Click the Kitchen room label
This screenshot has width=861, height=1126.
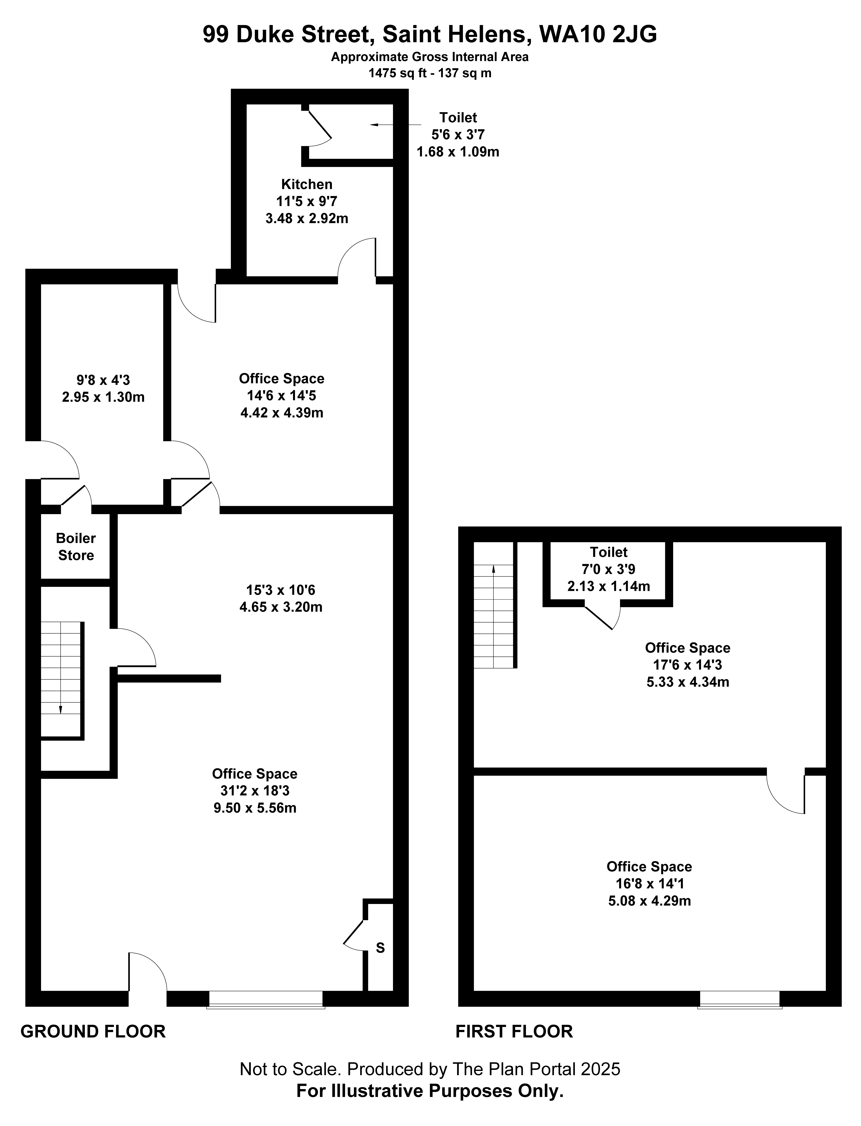(x=306, y=184)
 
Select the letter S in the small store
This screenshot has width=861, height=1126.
(x=380, y=948)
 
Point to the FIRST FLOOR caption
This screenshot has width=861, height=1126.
(x=514, y=1031)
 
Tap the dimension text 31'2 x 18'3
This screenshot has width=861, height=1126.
(x=255, y=791)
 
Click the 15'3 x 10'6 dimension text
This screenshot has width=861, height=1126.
(x=281, y=590)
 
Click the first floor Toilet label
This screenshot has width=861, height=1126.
(x=608, y=552)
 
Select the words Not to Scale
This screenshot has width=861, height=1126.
(x=290, y=1069)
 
